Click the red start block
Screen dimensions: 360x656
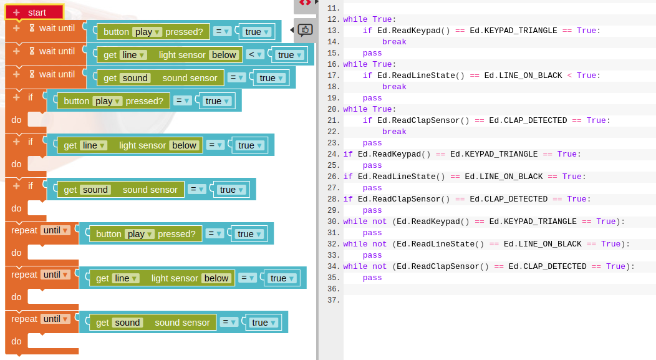coord(37,12)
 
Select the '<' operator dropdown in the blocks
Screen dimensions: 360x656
coord(256,54)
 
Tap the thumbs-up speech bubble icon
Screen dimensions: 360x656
coord(305,30)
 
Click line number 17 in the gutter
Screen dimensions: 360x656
coord(333,75)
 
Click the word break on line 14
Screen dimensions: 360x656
coord(394,42)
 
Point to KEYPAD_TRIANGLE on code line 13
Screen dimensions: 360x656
coord(521,31)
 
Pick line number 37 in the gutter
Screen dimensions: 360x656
coord(333,300)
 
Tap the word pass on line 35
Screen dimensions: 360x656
coord(372,278)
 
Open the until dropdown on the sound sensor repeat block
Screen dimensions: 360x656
coord(55,319)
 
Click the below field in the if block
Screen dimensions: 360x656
coord(184,145)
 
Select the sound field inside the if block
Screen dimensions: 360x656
coord(95,190)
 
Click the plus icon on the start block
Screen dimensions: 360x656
coord(16,12)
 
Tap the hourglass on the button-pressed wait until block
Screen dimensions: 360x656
coord(32,28)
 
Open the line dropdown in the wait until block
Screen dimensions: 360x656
coord(133,55)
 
